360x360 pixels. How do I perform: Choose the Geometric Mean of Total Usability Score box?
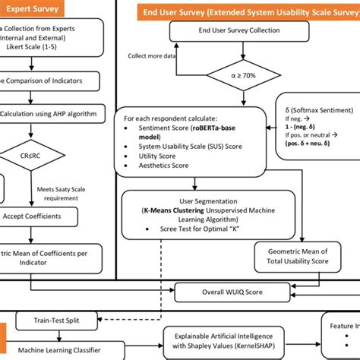coord(303,255)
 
